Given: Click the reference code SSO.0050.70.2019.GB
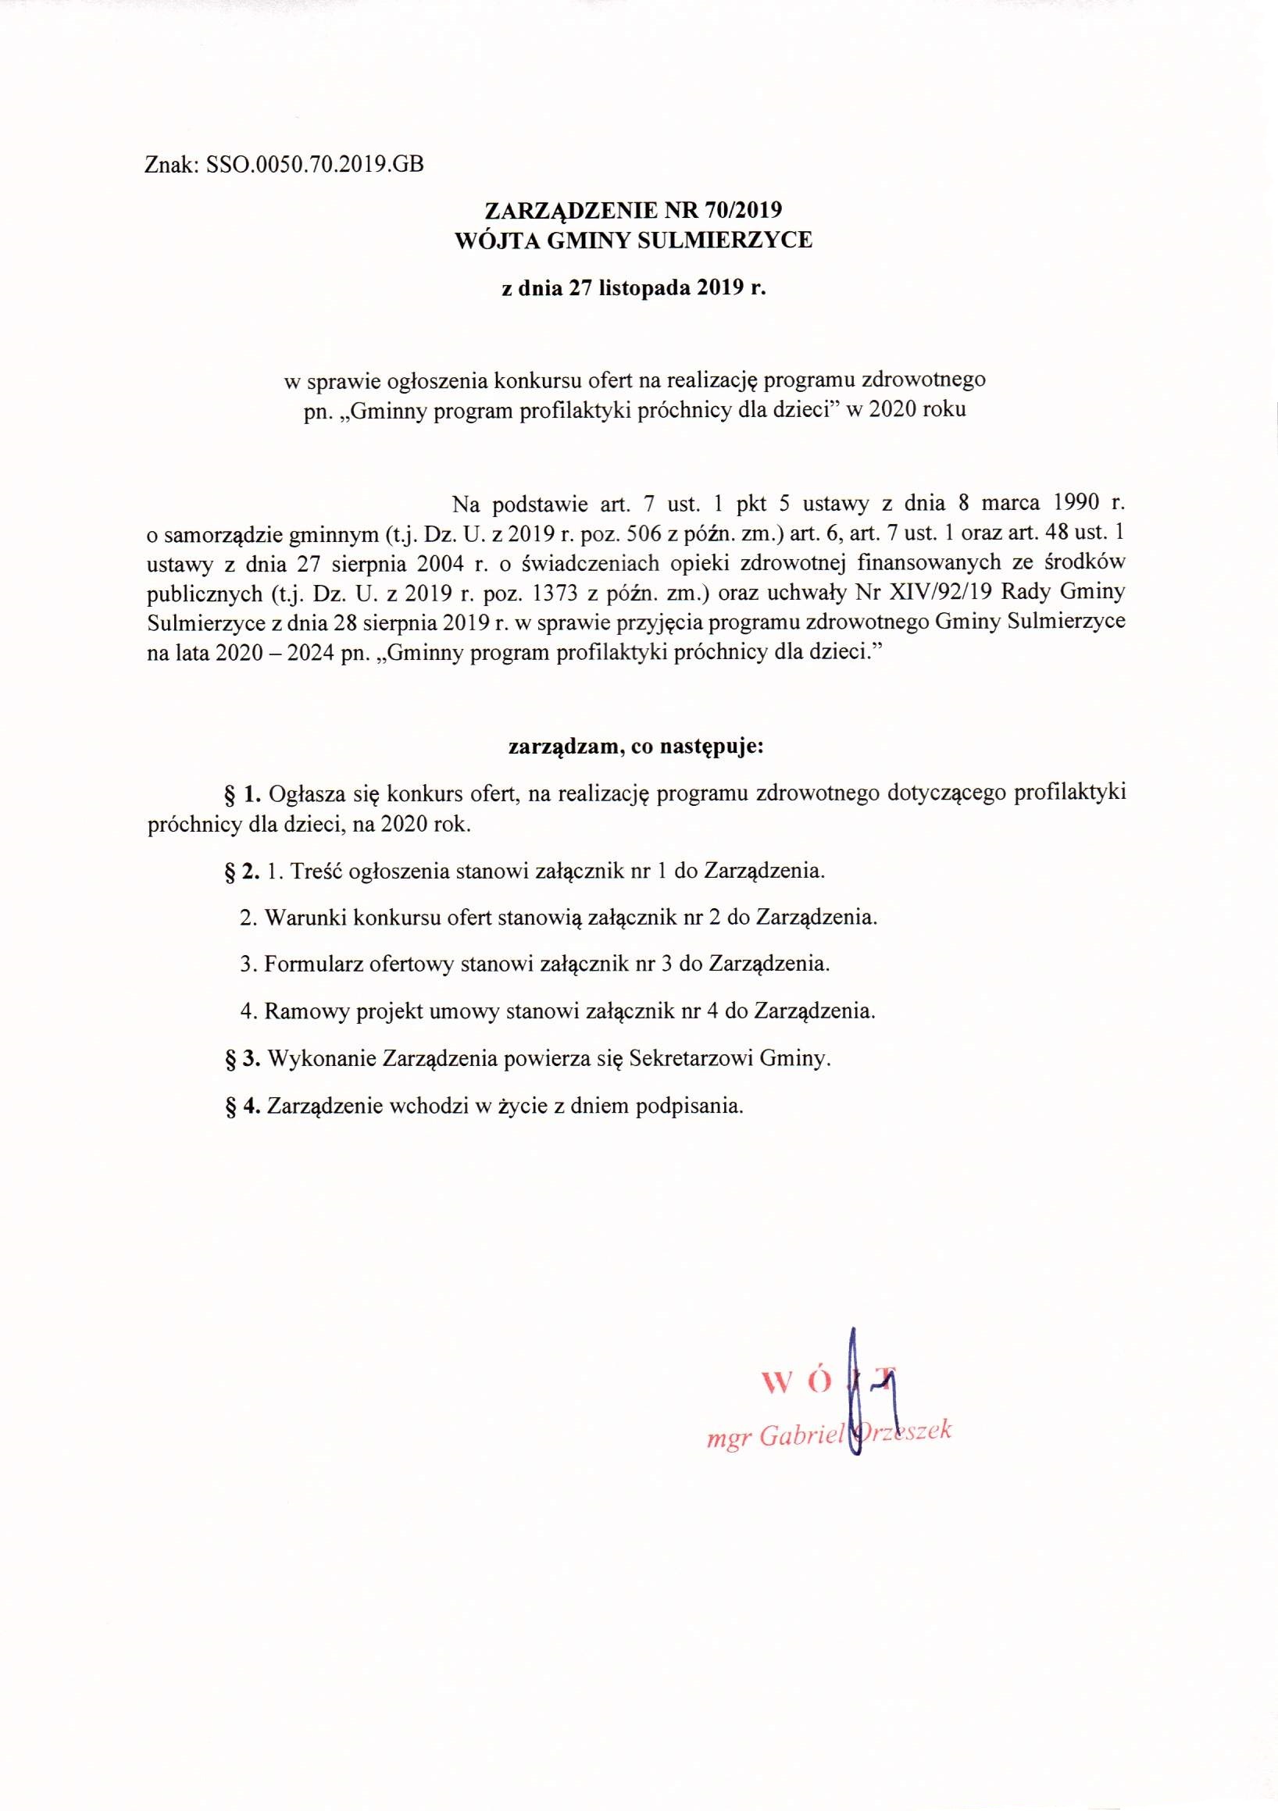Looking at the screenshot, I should [314, 165].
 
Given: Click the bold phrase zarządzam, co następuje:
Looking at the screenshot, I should [635, 746].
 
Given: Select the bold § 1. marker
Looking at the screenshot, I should [243, 793].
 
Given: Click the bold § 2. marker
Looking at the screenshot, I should [243, 871].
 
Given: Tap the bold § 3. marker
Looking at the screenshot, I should [243, 1057].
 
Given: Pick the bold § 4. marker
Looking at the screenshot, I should [243, 1105].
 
